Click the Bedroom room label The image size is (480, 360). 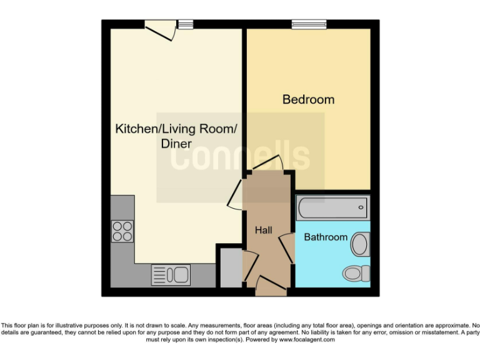coord(308,99)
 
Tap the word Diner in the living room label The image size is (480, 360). coord(176,143)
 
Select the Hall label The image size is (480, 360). coord(263,231)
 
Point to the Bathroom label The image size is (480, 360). coord(325,237)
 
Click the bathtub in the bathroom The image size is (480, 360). coord(332,207)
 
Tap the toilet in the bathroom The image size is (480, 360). coord(356,273)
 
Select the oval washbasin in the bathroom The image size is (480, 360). coord(360,244)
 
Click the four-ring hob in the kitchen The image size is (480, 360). coord(122,231)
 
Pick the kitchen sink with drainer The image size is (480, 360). coord(171,275)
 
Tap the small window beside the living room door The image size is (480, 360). coord(185,24)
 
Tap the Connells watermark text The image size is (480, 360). coord(241,156)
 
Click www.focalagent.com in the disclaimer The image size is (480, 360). coord(307,340)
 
